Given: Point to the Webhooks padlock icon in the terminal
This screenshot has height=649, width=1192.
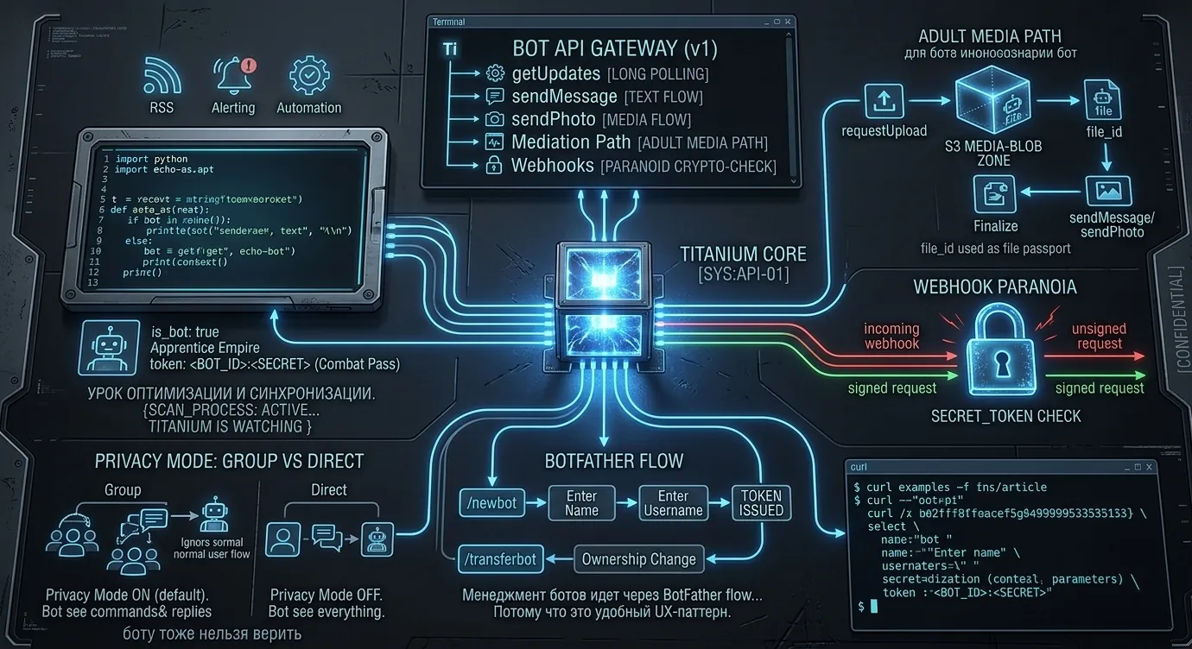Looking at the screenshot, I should pos(495,166).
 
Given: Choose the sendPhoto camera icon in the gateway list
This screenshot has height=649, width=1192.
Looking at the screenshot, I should pos(495,120).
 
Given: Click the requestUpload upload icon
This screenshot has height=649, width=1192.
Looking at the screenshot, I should pos(884,101).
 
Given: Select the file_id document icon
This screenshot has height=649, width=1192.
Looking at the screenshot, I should pos(1101,100).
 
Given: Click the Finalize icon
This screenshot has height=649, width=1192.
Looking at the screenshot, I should pos(994,193).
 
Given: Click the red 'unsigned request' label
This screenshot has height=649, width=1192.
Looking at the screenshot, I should pos(1097,336).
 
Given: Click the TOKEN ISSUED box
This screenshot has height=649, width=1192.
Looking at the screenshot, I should pos(761,502).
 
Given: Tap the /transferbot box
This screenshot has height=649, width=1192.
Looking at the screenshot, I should pos(500,558).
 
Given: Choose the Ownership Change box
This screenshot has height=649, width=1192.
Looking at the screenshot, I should pos(638,558).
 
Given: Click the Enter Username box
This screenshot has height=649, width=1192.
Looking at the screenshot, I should pos(673,502).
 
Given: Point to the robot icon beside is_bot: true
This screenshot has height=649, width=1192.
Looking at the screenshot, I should pos(108,347).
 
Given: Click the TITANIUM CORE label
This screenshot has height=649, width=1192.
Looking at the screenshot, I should pos(743,254).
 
